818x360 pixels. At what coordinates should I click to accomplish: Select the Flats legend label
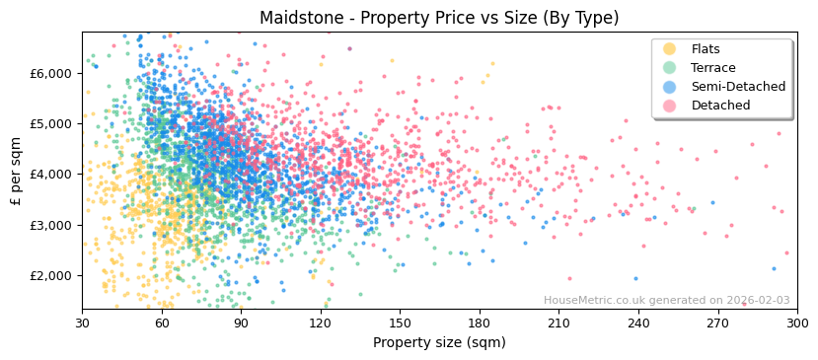[x=706, y=49]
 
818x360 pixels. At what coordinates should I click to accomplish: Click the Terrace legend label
[x=712, y=68]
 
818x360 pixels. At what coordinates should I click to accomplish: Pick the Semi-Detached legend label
[x=738, y=87]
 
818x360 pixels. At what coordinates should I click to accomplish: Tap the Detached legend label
[x=720, y=106]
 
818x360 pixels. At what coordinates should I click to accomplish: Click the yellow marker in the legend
[x=670, y=49]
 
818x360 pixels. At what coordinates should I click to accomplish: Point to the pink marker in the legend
[x=670, y=106]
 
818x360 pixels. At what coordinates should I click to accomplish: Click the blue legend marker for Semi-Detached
[x=670, y=87]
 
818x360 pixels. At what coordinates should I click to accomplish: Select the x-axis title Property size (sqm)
[x=439, y=343]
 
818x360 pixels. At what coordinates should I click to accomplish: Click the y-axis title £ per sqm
[x=16, y=173]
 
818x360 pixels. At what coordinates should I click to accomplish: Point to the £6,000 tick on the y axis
[x=50, y=73]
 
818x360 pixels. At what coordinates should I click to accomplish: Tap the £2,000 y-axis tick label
[x=50, y=275]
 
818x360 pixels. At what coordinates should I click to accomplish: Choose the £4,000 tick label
[x=50, y=175]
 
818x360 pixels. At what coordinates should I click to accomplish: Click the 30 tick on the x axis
[x=83, y=323]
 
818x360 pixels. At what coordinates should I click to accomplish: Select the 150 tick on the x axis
[x=400, y=323]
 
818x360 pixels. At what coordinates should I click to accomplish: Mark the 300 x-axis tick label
[x=796, y=323]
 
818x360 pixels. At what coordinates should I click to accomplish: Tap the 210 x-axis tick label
[x=558, y=323]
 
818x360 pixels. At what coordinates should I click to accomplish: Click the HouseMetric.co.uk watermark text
[x=666, y=301]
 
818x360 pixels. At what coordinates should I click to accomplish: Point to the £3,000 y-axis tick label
[x=50, y=225]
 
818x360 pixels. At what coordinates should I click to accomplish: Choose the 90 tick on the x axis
[x=241, y=323]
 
